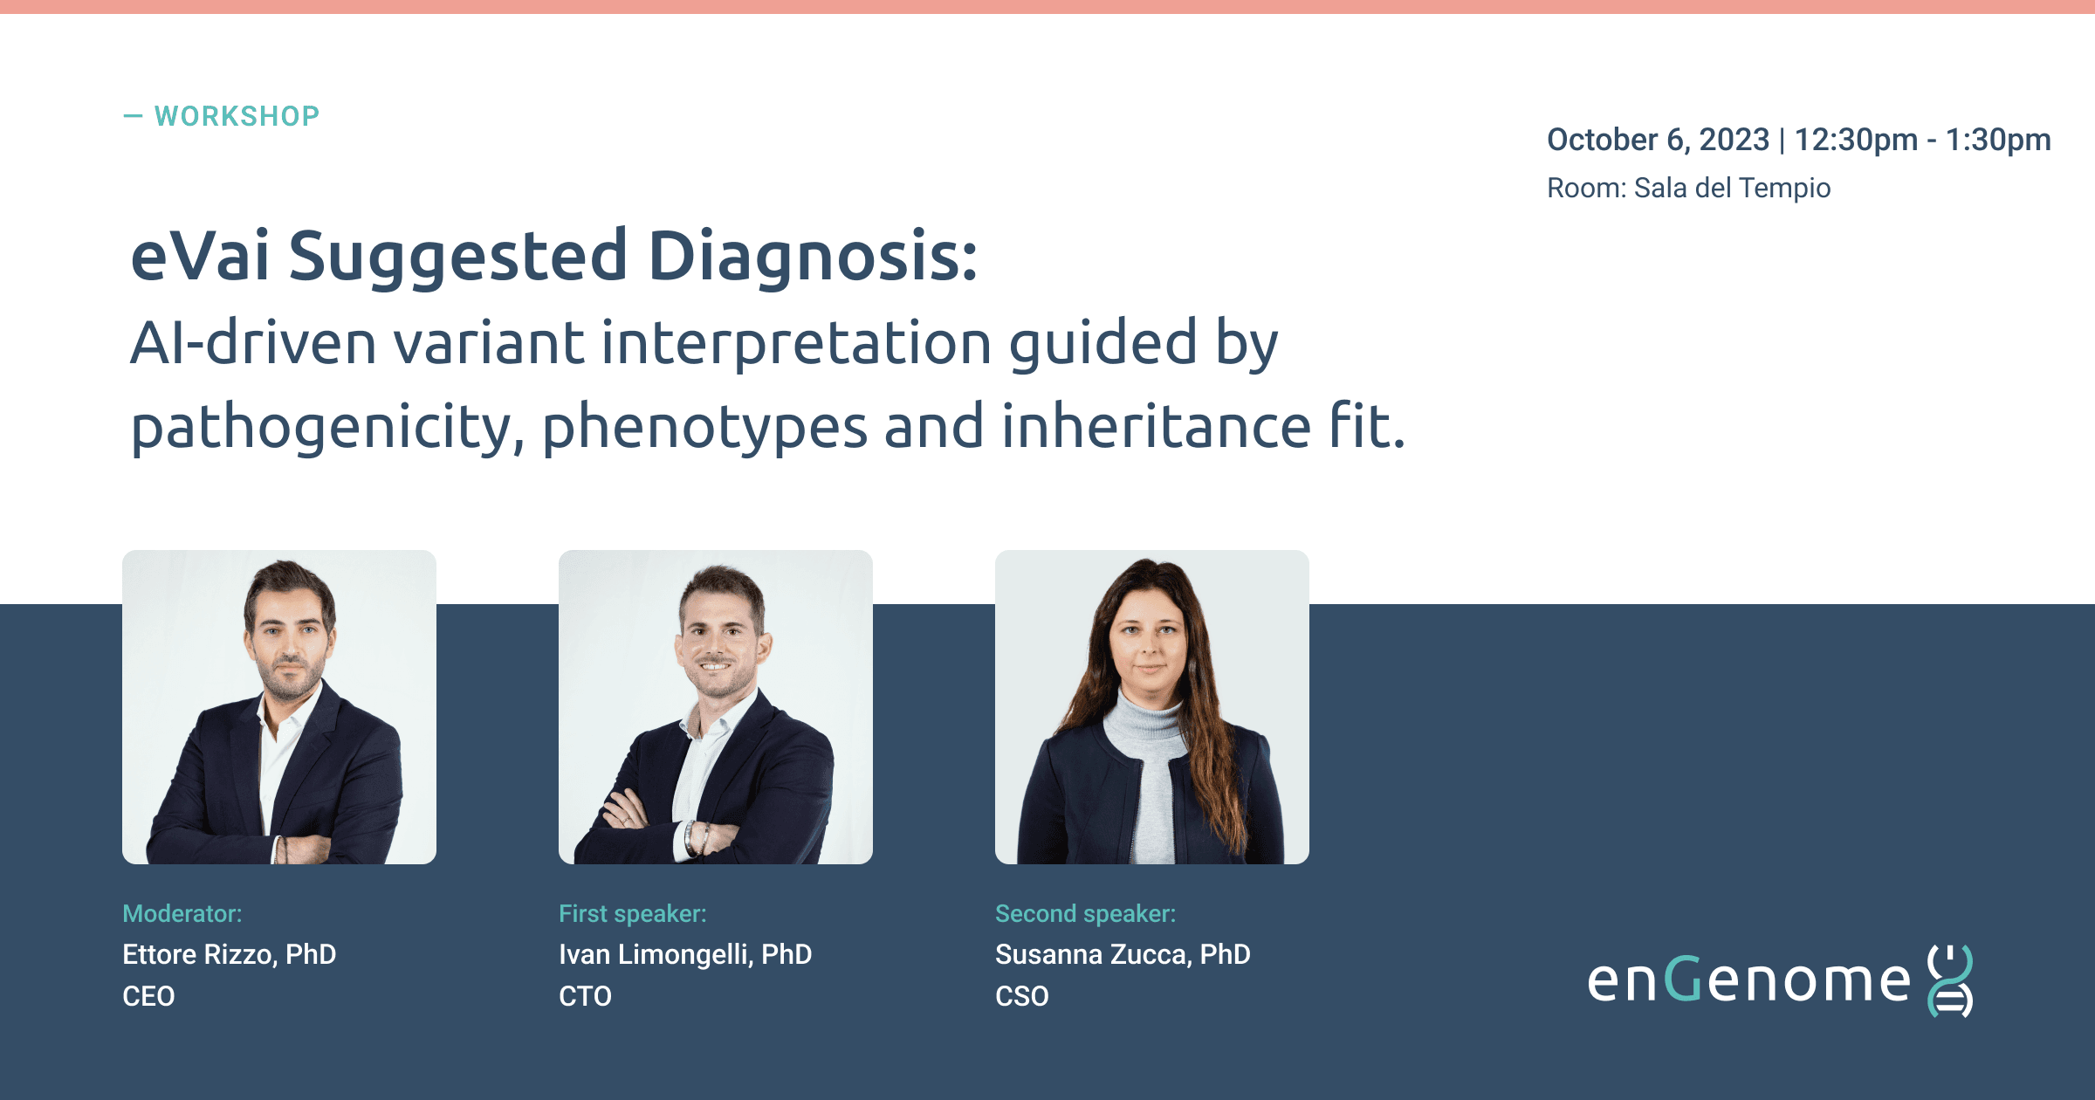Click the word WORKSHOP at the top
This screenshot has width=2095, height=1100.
coord(237,116)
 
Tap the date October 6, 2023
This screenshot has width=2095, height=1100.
coord(1658,140)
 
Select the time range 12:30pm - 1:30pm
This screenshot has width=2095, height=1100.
coord(1922,140)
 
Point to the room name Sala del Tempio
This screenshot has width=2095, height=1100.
coord(1732,188)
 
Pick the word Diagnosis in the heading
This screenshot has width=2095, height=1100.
coord(813,257)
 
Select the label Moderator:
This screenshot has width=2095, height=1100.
coord(182,913)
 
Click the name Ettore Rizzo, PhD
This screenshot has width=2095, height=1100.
coord(230,954)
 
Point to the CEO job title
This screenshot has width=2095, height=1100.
coord(148,996)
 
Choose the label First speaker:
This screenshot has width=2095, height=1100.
coord(633,913)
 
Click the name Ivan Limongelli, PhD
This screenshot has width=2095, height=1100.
coord(685,954)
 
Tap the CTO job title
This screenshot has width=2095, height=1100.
coord(585,996)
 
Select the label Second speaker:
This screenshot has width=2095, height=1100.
coord(1086,913)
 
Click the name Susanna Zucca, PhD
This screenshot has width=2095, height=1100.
coord(1123,954)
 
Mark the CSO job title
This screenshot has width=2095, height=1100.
coord(1021,996)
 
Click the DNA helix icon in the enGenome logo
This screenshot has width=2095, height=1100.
coord(1949,980)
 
